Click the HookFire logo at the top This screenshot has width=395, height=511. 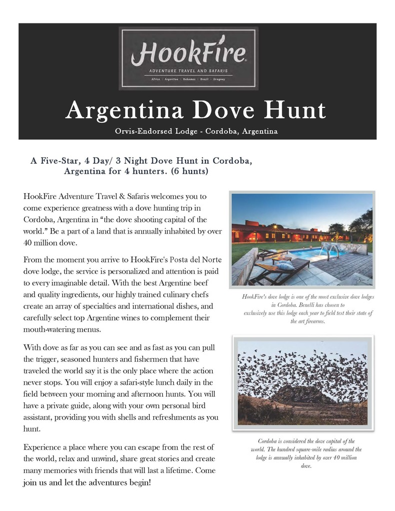pyautogui.click(x=188, y=58)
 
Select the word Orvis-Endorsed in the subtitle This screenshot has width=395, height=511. pyautogui.click(x=143, y=132)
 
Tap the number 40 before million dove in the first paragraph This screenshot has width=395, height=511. pyautogui.click(x=29, y=243)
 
